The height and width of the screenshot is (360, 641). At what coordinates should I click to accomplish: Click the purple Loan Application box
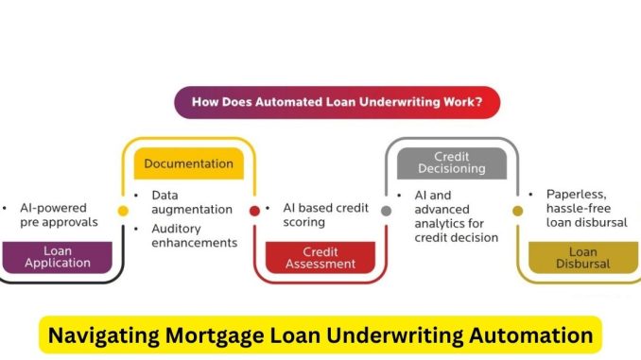56,257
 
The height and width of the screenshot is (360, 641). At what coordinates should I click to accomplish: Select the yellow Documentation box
188,163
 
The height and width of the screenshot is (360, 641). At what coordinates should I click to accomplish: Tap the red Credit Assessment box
320,257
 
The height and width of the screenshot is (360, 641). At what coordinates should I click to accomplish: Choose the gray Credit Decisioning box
452,163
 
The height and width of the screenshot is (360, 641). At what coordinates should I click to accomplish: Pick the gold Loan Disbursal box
582,257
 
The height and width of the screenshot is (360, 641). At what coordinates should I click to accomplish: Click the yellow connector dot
123,211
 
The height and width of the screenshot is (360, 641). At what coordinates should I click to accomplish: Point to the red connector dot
254,211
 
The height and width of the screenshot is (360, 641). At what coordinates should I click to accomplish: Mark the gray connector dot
386,211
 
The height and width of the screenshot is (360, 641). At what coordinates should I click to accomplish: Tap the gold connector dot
517,211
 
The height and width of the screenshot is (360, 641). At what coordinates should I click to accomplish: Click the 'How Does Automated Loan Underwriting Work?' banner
337,102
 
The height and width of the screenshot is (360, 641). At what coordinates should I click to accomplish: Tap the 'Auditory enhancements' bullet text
193,235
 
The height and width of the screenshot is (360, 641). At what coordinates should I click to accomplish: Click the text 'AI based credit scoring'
323,214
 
